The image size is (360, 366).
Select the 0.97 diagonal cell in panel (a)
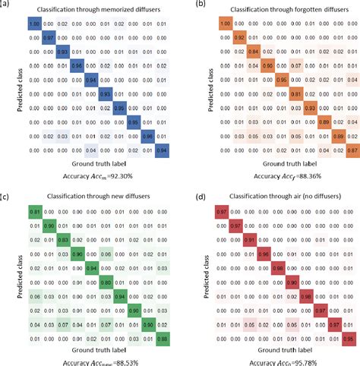pyautogui.click(x=48, y=36)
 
